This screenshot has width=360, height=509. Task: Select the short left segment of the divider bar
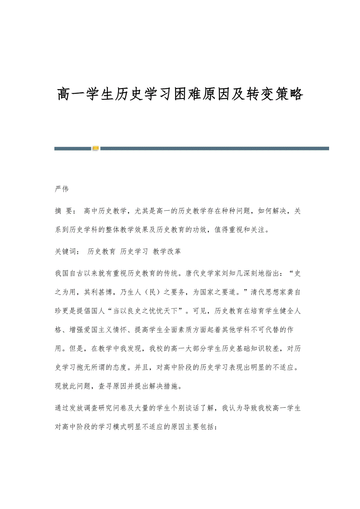(x=73, y=149)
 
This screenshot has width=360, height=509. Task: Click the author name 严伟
(x=62, y=189)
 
